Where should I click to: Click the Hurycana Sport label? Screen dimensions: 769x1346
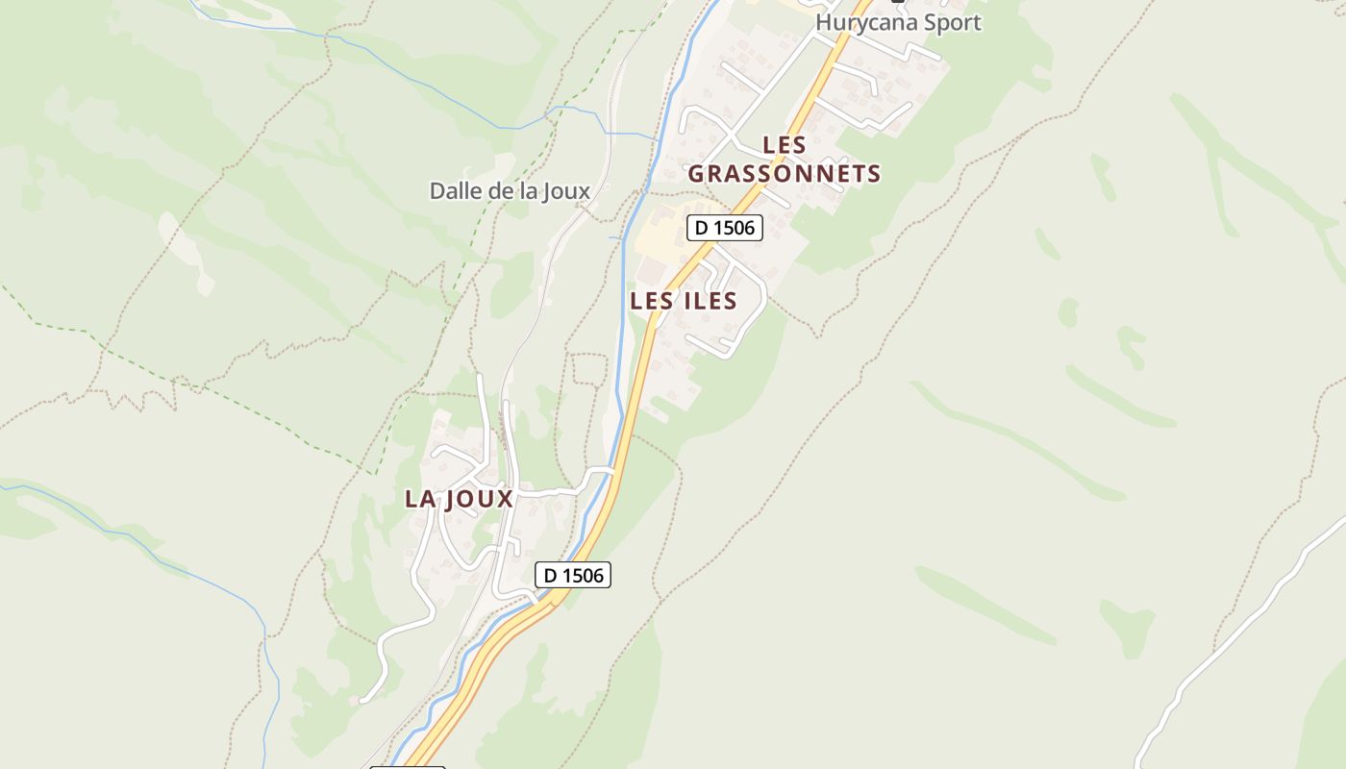pos(898,22)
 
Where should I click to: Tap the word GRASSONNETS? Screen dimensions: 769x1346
pos(784,174)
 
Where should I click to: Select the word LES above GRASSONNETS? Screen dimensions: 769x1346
pos(784,145)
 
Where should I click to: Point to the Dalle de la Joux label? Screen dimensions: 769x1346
pos(510,190)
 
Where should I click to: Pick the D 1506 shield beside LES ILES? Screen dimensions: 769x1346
pos(724,228)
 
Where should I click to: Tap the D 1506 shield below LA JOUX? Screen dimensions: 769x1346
pos(572,575)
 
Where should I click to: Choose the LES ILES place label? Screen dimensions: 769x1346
pos(683,301)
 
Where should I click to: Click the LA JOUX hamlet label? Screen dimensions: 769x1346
pos(459,499)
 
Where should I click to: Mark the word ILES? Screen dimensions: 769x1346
pos(707,301)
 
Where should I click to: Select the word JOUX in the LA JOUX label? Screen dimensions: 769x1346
pos(478,499)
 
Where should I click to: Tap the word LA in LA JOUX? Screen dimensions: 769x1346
pos(420,499)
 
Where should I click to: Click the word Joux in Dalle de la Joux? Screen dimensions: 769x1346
pos(566,190)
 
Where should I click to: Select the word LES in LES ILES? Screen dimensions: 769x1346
pos(649,301)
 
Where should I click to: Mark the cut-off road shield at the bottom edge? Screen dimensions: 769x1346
pos(408,766)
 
